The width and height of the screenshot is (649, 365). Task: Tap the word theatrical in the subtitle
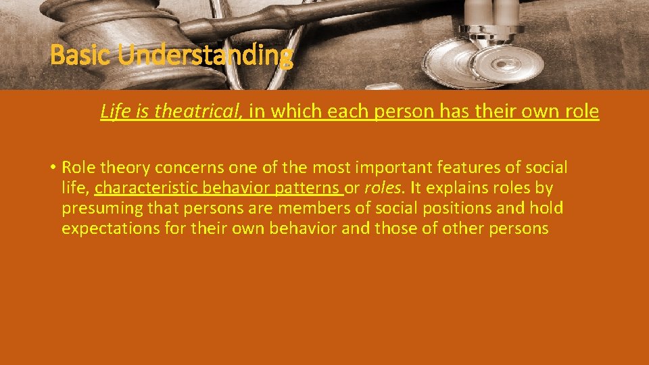pyautogui.click(x=197, y=112)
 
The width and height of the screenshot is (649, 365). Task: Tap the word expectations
pyautogui.click(x=111, y=228)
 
